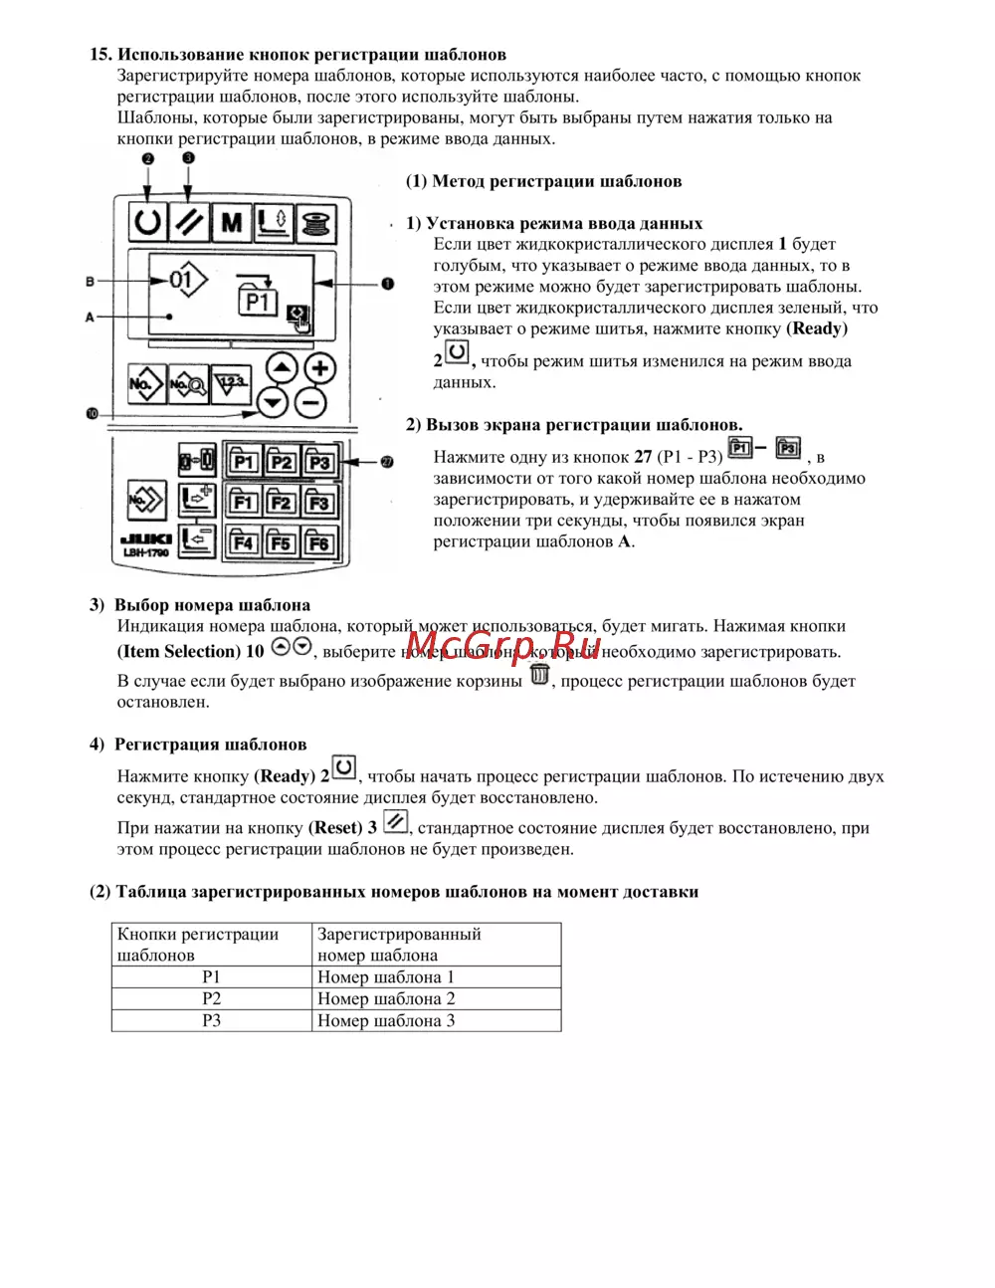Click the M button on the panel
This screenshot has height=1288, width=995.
tap(232, 221)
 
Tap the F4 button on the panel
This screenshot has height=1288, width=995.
tap(243, 542)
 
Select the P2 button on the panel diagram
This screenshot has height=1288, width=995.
tap(282, 462)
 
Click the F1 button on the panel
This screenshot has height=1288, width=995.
tap(243, 502)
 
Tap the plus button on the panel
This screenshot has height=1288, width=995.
tap(318, 368)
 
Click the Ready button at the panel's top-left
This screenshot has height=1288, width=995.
tap(148, 221)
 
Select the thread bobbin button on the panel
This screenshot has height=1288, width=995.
tap(315, 221)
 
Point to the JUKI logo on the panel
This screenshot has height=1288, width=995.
tap(145, 539)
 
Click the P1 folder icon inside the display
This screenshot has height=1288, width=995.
tap(258, 298)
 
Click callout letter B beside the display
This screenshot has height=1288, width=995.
tap(90, 282)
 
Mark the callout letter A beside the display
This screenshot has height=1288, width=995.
tap(90, 317)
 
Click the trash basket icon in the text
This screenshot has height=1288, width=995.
tap(539, 675)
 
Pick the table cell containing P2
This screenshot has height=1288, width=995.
tap(212, 998)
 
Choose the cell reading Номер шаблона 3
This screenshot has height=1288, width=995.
tap(386, 1020)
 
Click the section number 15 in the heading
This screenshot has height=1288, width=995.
tap(99, 55)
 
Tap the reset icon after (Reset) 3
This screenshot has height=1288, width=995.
tap(395, 821)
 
